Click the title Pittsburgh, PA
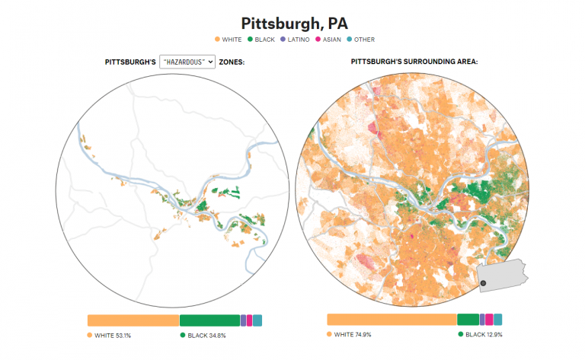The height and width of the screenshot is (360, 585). click(292, 23)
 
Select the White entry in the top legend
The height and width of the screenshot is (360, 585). click(228, 40)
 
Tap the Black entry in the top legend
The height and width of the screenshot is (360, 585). click(264, 40)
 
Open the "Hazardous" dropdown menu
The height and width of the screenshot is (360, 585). click(187, 62)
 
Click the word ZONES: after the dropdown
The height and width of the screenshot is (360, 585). click(232, 62)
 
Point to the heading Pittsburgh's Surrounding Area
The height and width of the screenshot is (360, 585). click(414, 62)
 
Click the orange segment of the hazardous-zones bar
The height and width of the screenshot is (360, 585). click(133, 320)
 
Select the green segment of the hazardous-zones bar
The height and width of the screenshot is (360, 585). click(209, 320)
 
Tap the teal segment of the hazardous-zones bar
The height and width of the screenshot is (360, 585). click(257, 320)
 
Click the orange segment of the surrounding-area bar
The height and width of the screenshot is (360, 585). click(392, 320)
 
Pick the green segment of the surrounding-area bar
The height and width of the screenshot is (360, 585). click(468, 320)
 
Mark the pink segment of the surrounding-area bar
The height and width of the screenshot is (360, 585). click(489, 320)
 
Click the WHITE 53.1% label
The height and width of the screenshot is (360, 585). click(113, 335)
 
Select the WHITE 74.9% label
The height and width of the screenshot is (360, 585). click(353, 334)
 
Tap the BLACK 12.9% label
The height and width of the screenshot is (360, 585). click(484, 334)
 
